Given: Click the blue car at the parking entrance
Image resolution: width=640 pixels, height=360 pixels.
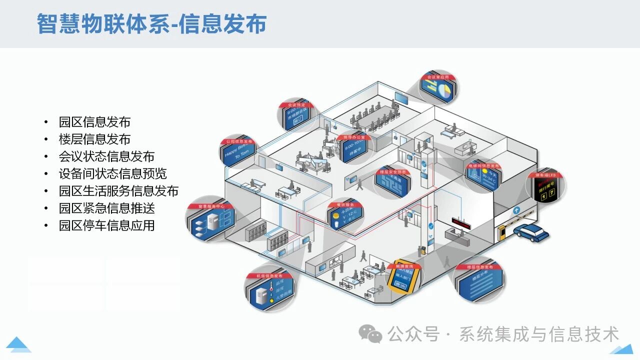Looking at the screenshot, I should tap(531, 232).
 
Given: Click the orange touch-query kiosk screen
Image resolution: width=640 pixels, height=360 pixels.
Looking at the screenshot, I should tap(402, 281).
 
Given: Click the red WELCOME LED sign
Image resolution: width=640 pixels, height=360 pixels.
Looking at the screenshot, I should tap(461, 223).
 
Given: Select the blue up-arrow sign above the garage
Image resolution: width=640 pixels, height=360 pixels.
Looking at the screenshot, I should tap(516, 211).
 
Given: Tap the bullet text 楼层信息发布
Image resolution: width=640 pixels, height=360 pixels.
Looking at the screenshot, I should tap(94, 139).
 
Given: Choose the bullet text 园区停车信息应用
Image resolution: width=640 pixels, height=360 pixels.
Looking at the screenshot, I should tap(106, 225).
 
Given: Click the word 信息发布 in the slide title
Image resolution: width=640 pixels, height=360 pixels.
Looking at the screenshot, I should tap(222, 24).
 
